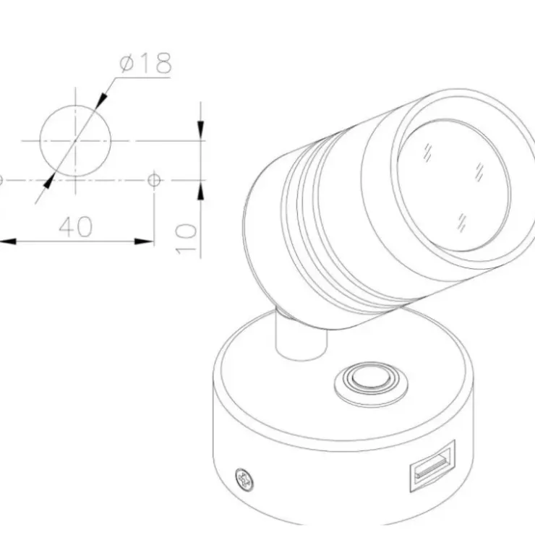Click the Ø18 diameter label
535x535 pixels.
coord(146,63)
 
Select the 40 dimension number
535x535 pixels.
coord(76,226)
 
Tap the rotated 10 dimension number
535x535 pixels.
coord(187,239)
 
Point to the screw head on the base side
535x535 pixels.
coord(244,479)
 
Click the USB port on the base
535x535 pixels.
coord(432,466)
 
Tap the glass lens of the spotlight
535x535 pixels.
coord(454,185)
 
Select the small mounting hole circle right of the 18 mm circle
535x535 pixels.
coord(154,180)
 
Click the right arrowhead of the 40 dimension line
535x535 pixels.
coord(144,241)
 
